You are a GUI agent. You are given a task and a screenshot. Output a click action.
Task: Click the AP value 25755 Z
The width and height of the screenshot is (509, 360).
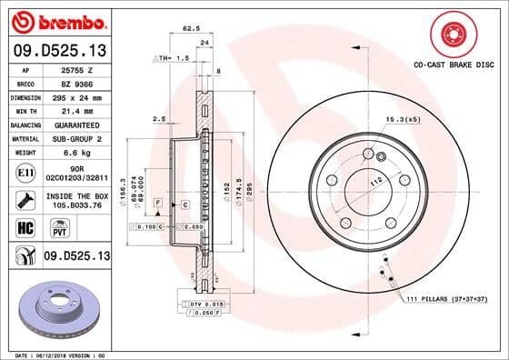point(74,69)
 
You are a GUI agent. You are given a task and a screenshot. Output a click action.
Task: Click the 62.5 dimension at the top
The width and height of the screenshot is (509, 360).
point(192,30)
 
